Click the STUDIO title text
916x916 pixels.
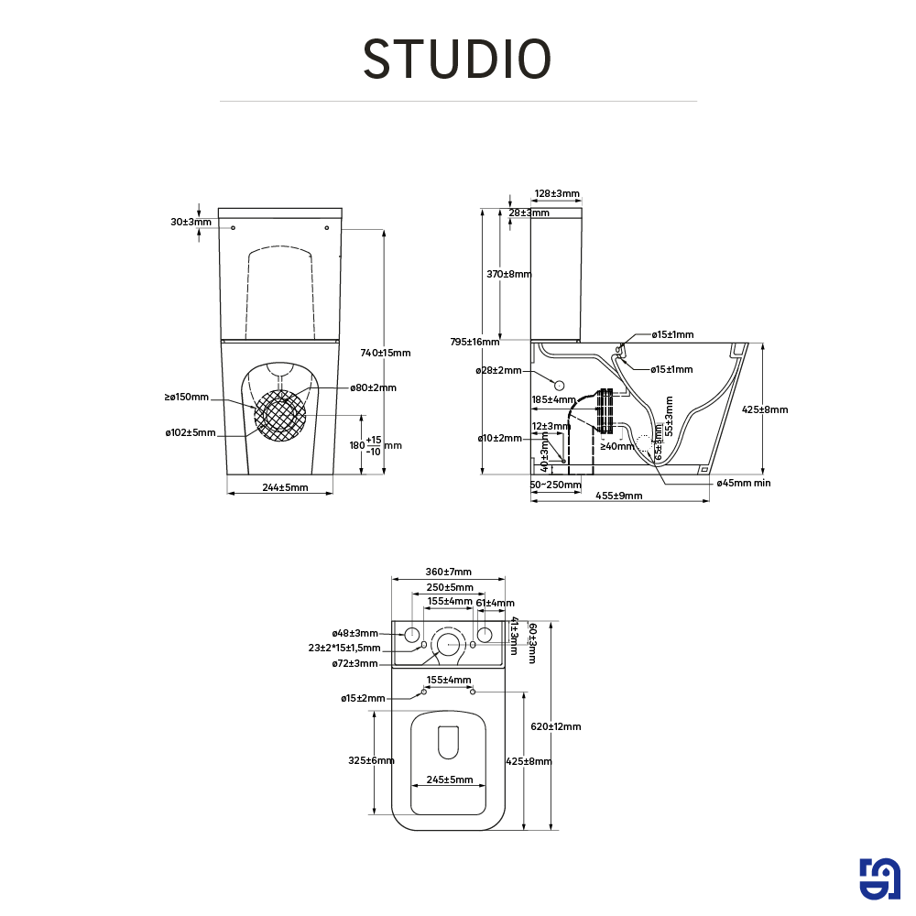point(457,59)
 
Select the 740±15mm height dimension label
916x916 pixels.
point(386,353)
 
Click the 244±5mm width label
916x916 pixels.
point(285,487)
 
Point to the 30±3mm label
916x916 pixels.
point(191,222)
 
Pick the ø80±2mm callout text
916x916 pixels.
point(373,387)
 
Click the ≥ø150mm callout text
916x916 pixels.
point(187,398)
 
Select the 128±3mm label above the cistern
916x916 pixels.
point(557,193)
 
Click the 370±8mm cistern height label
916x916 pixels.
point(508,274)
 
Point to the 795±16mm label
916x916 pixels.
point(474,342)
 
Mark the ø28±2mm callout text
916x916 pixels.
point(498,370)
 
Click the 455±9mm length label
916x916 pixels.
point(619,496)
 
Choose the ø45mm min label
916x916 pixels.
point(743,482)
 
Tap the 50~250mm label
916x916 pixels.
point(555,485)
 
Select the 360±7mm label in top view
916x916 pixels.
point(448,572)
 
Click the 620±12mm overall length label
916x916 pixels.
point(556,726)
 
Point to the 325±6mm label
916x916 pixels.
point(372,760)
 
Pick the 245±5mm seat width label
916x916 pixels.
point(448,780)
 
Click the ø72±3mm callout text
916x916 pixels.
point(355,663)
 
